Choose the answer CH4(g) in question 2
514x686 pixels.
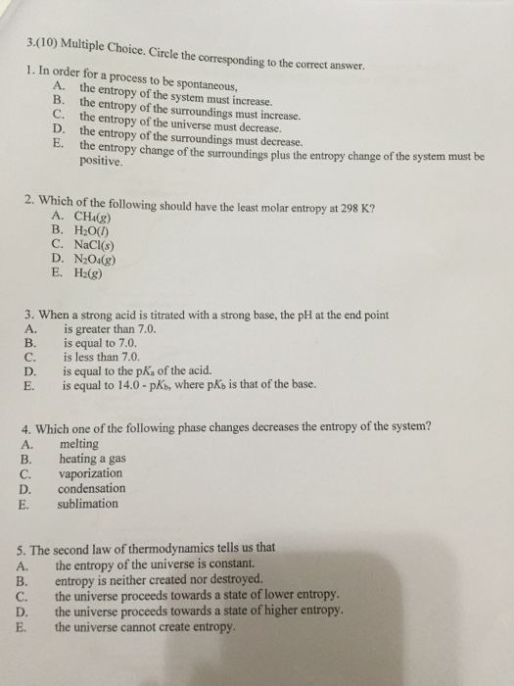coord(88,217)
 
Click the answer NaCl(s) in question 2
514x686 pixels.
coord(87,244)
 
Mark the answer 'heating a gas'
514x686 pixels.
coord(93,458)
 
